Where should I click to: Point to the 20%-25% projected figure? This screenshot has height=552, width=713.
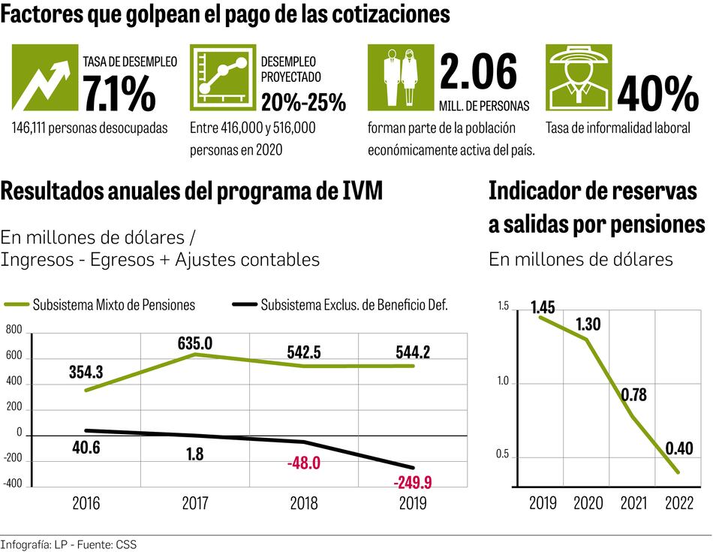coord(303,101)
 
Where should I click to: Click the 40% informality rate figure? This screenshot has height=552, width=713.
coord(657,93)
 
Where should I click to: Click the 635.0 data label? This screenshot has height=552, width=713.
coord(195,344)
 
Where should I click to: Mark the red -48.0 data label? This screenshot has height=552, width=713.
coord(303,463)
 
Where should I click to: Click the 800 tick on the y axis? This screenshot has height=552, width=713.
coord(14,330)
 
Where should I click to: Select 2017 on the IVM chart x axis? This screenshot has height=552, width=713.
coord(195,503)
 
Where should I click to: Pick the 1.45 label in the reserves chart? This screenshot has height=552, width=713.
coord(543,306)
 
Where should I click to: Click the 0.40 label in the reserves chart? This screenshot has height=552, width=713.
coord(680,448)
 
